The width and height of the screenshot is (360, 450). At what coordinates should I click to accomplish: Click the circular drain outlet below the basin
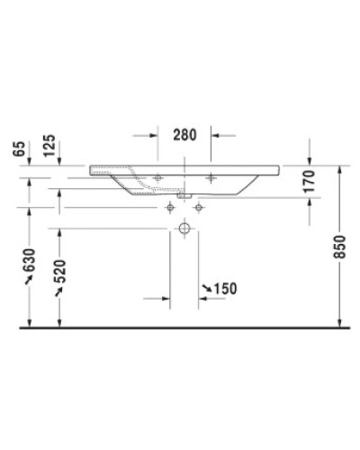pos(184,229)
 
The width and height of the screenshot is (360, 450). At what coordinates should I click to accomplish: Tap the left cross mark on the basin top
pos(157,177)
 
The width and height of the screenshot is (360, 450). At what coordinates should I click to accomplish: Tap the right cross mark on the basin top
pos(211,177)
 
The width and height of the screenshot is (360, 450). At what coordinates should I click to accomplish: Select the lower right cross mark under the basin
pos(198,207)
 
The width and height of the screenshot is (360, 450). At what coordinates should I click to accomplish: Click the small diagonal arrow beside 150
pos(206,288)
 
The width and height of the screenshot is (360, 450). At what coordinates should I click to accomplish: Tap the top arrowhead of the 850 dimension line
pos(339,169)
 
